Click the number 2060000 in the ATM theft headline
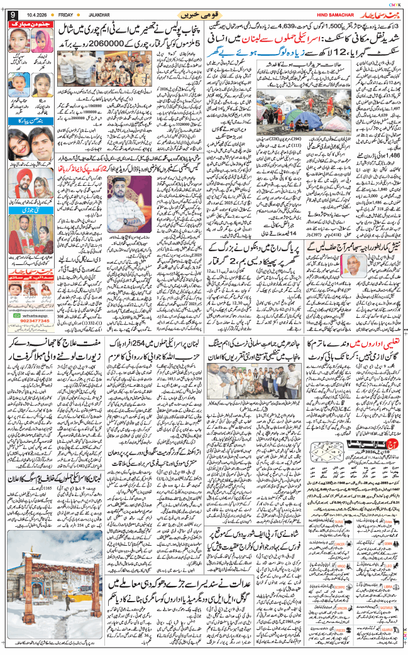click(x=109, y=44)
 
